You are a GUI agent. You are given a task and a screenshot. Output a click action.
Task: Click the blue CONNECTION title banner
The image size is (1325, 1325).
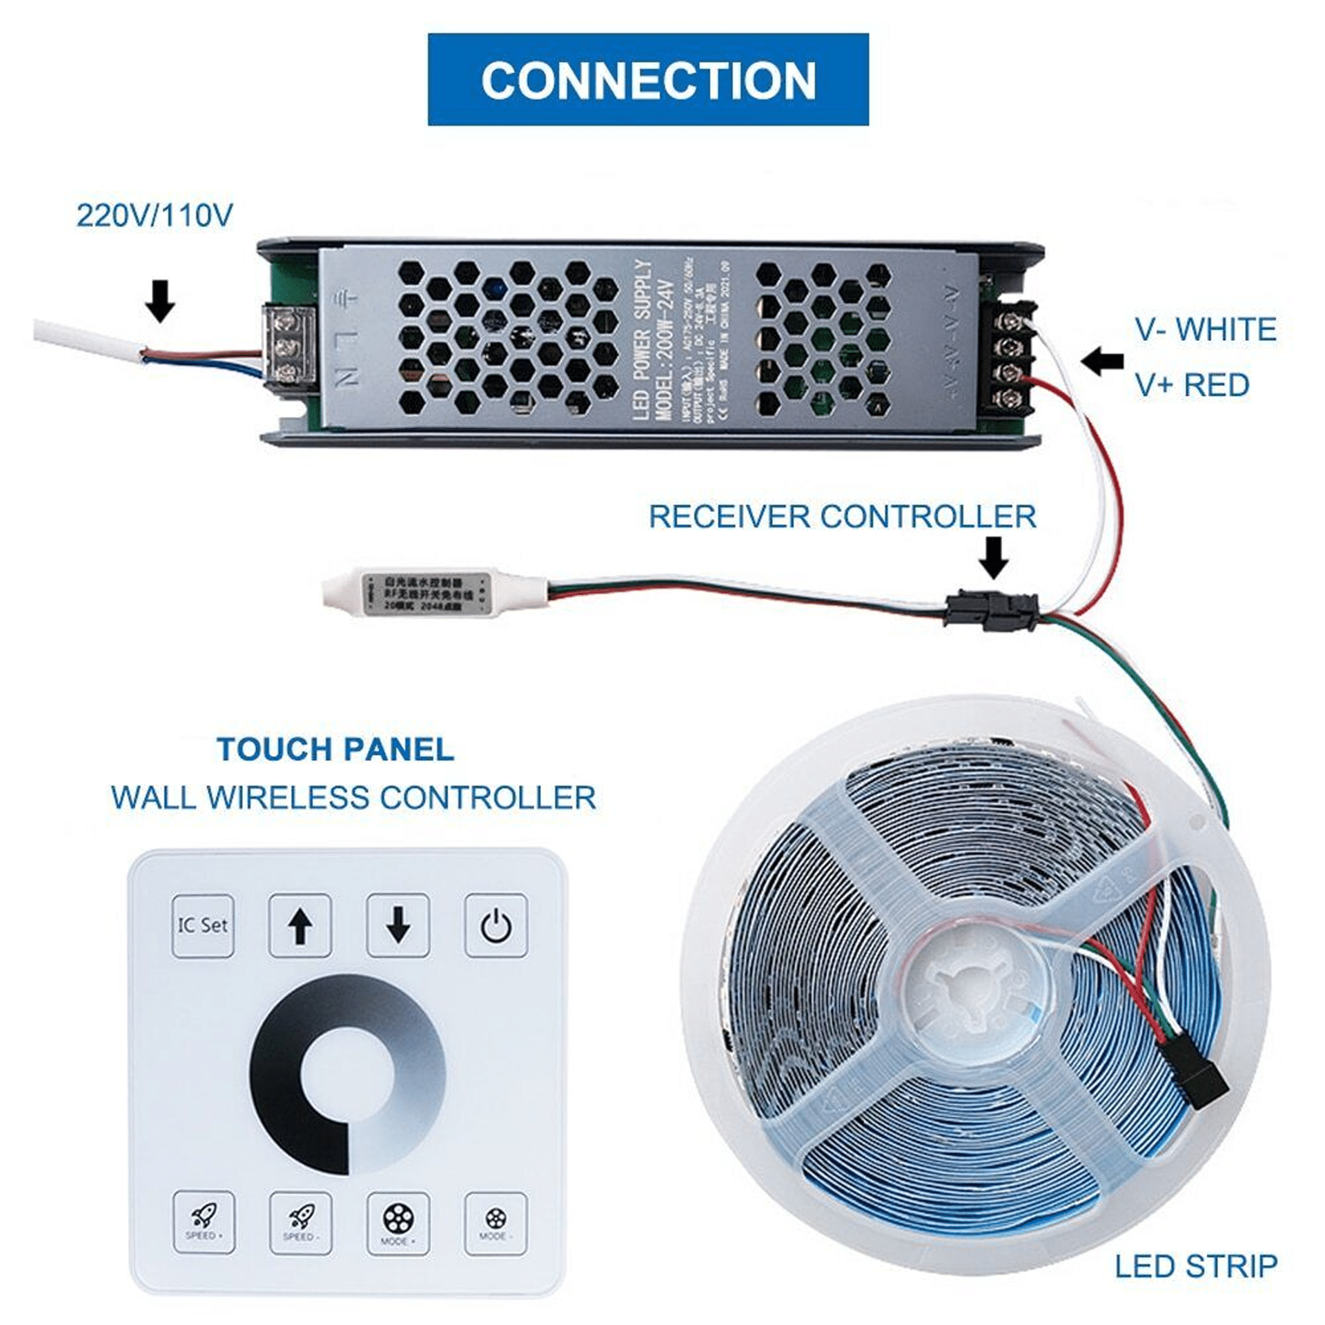click(647, 79)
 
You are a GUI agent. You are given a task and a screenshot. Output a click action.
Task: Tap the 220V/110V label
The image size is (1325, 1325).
click(155, 215)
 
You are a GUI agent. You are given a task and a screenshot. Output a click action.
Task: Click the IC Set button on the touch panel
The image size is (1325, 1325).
click(202, 926)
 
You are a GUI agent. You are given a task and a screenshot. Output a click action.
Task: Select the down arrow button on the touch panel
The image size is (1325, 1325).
click(398, 926)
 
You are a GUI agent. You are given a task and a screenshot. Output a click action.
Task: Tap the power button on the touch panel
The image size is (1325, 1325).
click(496, 926)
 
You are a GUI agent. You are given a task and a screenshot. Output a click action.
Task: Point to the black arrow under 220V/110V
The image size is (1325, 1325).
click(160, 301)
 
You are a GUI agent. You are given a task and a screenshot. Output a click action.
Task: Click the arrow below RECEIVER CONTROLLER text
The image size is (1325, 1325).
click(994, 557)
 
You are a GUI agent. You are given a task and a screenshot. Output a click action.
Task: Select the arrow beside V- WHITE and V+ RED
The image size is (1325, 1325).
click(1102, 361)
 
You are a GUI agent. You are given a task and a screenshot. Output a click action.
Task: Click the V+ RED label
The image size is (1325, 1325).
click(1192, 385)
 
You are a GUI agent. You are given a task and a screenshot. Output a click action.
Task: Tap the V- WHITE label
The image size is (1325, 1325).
click(1206, 329)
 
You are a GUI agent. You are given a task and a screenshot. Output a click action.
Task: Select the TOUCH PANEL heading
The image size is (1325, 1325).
click(336, 749)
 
